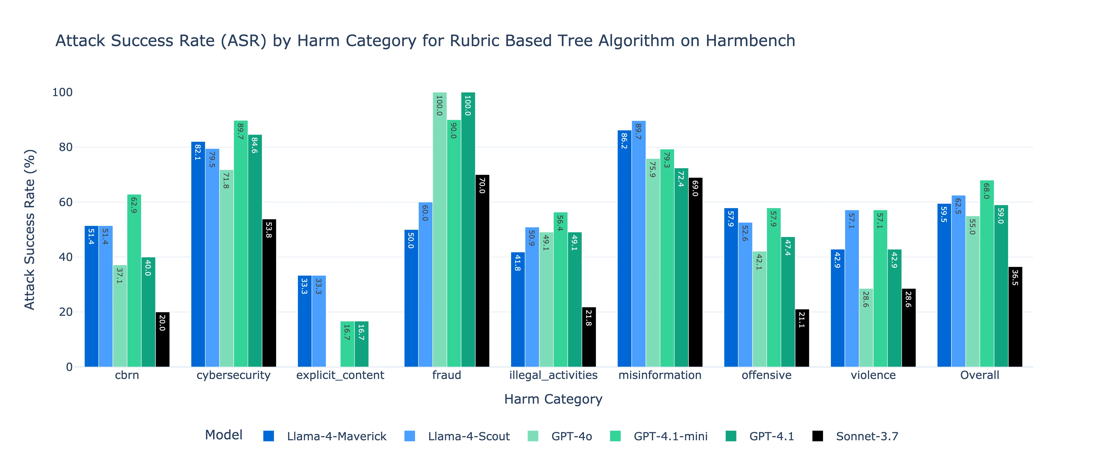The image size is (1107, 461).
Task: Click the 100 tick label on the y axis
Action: (62, 92)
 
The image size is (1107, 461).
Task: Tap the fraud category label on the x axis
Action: (446, 375)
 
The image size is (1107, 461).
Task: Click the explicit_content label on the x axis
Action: (340, 375)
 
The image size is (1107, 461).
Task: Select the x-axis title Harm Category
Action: (553, 399)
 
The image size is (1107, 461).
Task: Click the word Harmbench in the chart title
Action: (750, 41)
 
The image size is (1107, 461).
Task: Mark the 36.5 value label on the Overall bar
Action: (1015, 278)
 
